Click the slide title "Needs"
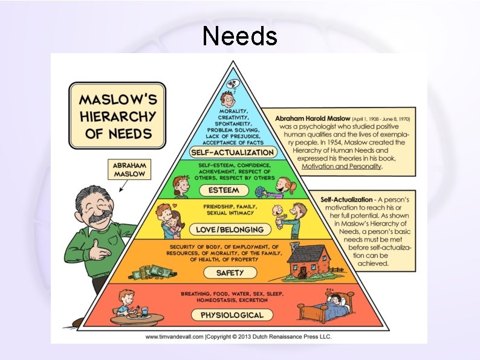pyautogui.click(x=240, y=36)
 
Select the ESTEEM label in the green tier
pyautogui.click(x=224, y=191)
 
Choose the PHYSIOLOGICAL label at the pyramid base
pyautogui.click(x=224, y=315)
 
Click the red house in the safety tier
pyautogui.click(x=308, y=261)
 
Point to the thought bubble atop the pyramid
pyautogui.click(x=232, y=83)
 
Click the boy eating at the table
pyautogui.click(x=126, y=302)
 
